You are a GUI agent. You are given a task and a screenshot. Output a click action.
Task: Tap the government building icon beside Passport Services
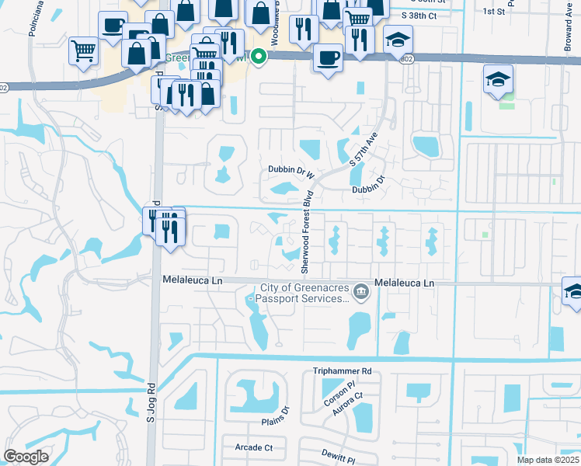(360, 292)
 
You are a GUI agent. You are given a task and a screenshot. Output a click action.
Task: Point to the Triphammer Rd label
(342, 372)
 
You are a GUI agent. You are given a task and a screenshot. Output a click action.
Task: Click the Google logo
(26, 456)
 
